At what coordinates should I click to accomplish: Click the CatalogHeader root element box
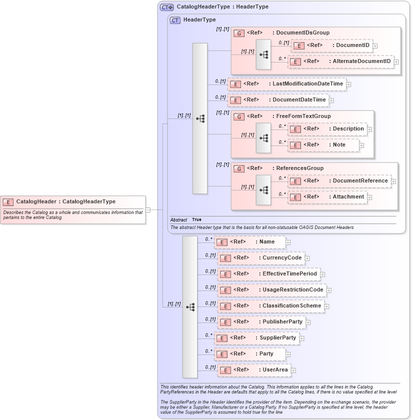(x=73, y=202)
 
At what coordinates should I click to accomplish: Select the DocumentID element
(x=331, y=45)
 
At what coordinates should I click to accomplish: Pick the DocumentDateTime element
(x=278, y=100)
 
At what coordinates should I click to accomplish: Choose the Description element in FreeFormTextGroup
(x=327, y=129)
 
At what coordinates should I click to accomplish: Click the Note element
(x=323, y=145)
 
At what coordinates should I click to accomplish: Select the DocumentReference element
(x=339, y=181)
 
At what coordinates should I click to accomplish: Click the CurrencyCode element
(x=260, y=258)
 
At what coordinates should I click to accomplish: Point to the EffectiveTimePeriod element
(x=268, y=274)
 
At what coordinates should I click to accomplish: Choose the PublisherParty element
(x=261, y=322)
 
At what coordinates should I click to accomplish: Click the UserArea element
(x=254, y=370)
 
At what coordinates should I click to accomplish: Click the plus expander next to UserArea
(x=293, y=370)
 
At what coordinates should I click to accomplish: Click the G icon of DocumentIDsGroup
(x=239, y=33)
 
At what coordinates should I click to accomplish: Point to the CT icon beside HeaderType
(x=175, y=20)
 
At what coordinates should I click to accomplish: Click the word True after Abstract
(x=196, y=220)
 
